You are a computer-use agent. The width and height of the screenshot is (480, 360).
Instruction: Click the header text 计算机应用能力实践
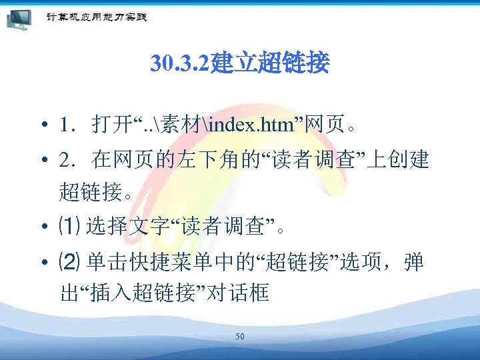(x=96, y=17)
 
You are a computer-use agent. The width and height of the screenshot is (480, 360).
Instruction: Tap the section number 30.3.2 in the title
(x=179, y=65)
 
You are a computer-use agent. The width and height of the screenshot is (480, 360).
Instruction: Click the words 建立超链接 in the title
(x=269, y=65)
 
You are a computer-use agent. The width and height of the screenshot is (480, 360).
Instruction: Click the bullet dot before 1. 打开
(x=42, y=125)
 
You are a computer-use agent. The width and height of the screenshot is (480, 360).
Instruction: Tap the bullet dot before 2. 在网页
(x=42, y=161)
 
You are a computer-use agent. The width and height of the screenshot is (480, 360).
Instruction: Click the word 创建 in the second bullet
(x=412, y=161)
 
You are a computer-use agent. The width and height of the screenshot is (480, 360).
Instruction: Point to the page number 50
(x=239, y=337)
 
